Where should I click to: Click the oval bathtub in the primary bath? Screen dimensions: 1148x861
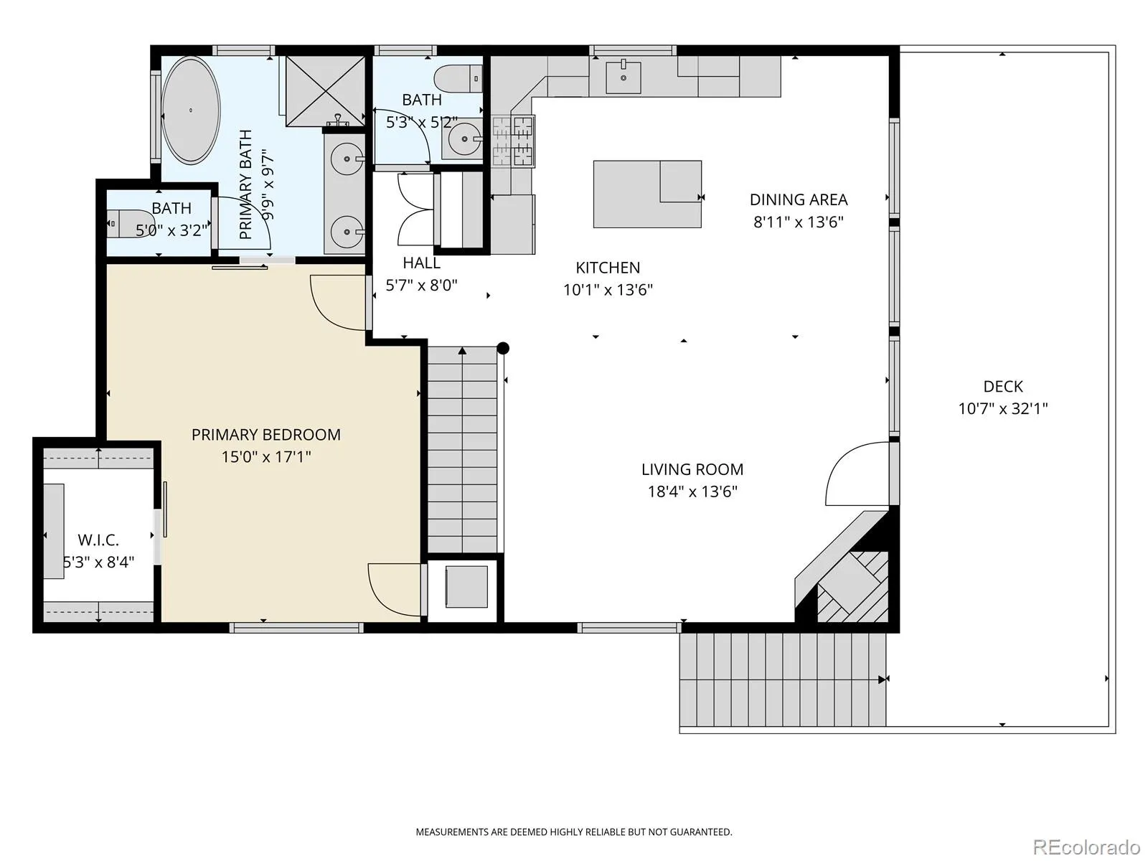[x=191, y=110]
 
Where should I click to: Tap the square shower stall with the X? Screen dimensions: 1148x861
[x=325, y=91]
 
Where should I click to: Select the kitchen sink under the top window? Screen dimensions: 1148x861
[x=624, y=77]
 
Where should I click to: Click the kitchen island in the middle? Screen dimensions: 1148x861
[x=647, y=194]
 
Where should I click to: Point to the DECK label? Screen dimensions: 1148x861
[x=1002, y=386]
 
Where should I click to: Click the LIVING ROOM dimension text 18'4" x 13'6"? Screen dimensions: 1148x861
[x=692, y=491]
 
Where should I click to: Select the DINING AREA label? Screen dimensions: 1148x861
[x=799, y=199]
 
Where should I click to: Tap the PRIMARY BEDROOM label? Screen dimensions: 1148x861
[x=265, y=434]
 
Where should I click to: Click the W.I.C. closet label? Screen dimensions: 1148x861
[x=98, y=540]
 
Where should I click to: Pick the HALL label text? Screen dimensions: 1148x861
[x=422, y=263]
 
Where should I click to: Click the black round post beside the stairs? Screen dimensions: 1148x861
[x=503, y=348]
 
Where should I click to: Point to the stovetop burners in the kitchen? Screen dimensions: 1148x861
[x=512, y=141]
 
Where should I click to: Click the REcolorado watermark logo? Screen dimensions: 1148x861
[x=1086, y=846]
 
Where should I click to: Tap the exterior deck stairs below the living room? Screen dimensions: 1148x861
[x=783, y=679]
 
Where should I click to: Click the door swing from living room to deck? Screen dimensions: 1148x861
[x=857, y=474]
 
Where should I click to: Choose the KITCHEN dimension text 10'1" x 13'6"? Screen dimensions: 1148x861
[x=608, y=290]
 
